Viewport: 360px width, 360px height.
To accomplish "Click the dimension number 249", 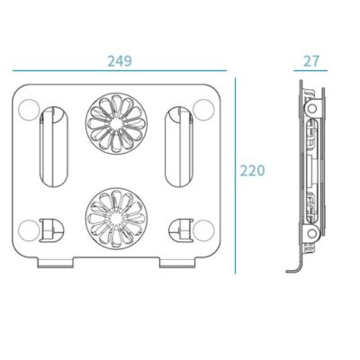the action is (120, 61).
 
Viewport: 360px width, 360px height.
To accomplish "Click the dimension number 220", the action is (252, 171).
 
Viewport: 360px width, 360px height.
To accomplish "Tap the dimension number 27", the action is (311, 61).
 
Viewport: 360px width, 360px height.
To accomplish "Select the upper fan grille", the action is (116, 122).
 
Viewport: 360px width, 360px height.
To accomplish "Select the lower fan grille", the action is (116, 219).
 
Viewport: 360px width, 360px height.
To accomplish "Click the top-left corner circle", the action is (29, 110).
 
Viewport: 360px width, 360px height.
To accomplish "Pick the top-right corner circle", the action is (203, 110).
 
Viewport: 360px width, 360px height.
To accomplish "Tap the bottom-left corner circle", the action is (29, 230).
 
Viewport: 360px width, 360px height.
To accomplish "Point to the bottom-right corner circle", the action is (203, 230).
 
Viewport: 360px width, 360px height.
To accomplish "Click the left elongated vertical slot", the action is (54, 147).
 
